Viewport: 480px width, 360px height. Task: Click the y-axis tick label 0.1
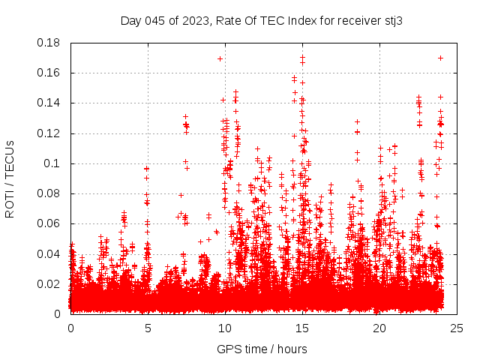pyautogui.click(x=54, y=163)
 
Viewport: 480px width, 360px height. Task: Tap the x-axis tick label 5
pyautogui.click(x=148, y=328)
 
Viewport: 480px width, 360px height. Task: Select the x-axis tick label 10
pyautogui.click(x=225, y=328)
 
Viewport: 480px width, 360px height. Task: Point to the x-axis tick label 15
pyautogui.click(x=302, y=328)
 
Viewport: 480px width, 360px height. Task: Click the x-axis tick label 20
pyautogui.click(x=379, y=328)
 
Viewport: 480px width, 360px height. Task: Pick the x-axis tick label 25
pyautogui.click(x=457, y=328)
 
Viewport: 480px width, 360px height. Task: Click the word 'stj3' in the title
pyautogui.click(x=394, y=20)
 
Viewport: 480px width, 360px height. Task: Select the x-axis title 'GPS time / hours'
pyautogui.click(x=262, y=349)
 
